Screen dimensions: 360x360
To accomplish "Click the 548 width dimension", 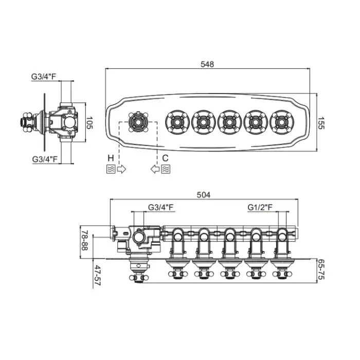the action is coord(207,64).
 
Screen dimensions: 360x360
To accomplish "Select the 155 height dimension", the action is coord(321,123).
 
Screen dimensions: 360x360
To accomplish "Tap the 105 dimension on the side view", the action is coord(89,122).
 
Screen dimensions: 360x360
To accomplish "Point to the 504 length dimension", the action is coord(204,195).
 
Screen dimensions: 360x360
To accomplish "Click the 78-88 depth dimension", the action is coord(84,240).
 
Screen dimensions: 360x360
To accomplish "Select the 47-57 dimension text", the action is coord(98,275).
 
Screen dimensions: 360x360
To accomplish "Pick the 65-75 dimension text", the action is coord(321,269).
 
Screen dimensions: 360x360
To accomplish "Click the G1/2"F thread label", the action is coord(260,207).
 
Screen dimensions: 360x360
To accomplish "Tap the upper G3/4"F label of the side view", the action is coord(44,77).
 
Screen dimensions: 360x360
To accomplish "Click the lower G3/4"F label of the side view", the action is coord(45,159).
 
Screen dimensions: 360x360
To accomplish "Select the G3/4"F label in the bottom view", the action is coord(160,207).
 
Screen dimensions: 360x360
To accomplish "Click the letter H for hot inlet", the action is coord(111,158).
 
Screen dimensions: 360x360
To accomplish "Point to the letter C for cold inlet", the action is coord(165,158).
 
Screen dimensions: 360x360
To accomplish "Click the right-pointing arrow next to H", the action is coord(121,169).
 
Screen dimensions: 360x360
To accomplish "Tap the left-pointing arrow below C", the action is coord(155,169).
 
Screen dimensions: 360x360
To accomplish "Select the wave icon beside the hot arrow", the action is coord(111,169).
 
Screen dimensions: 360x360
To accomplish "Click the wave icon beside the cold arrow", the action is coord(166,169).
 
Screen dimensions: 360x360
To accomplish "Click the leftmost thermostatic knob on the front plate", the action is coord(138,122).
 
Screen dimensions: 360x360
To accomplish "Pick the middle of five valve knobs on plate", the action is coord(229,122).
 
